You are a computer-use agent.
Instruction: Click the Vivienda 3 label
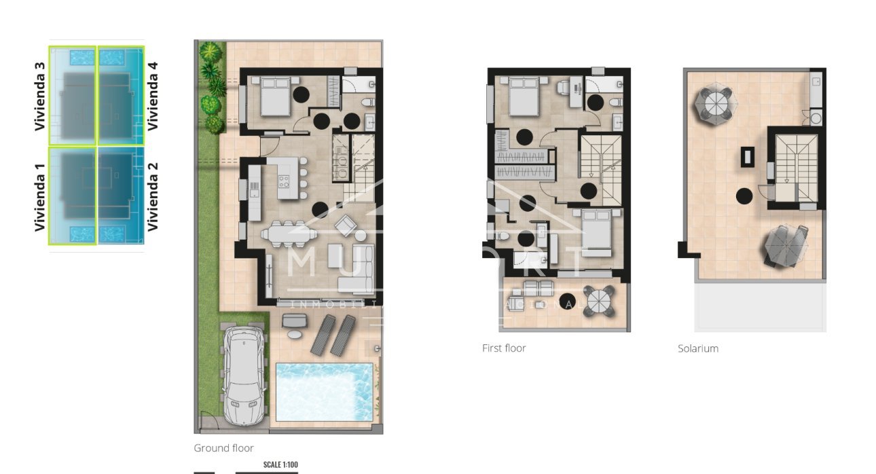[x=40, y=96]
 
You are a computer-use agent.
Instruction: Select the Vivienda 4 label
[x=153, y=96]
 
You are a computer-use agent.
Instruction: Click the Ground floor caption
[x=223, y=448]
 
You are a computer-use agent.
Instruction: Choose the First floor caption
[x=504, y=348]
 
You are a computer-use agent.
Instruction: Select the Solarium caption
[x=697, y=349]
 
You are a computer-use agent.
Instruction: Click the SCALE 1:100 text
[x=280, y=464]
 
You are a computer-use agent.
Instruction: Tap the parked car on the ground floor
[x=242, y=375]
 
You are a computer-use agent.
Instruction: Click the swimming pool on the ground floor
[x=325, y=392]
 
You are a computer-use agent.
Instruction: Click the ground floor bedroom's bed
[x=275, y=96]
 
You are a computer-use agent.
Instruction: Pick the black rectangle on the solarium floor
[x=747, y=157]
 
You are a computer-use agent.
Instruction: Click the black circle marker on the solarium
[x=744, y=196]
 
